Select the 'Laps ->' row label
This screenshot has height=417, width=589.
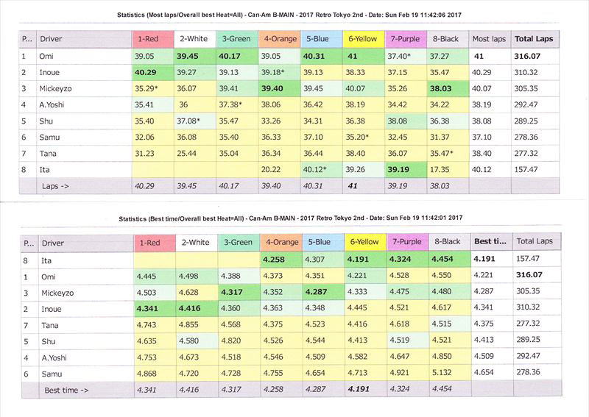pos(56,186)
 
